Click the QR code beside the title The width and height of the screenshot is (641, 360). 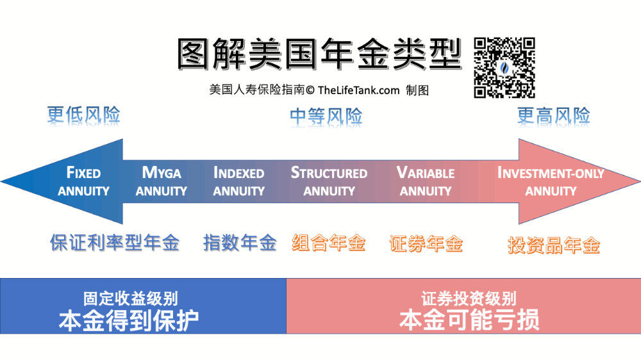(504, 68)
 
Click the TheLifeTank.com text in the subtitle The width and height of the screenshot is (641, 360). (358, 90)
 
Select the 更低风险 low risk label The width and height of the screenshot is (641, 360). (83, 115)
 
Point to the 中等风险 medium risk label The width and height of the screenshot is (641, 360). (326, 117)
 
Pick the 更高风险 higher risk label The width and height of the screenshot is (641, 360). (554, 116)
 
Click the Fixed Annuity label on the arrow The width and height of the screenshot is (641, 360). (83, 181)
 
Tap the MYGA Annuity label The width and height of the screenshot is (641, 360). (161, 181)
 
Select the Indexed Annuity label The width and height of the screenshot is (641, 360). (238, 181)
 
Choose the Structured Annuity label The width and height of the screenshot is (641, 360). (329, 181)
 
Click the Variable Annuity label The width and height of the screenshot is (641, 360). (426, 181)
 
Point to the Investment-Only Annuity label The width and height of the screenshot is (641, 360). (551, 181)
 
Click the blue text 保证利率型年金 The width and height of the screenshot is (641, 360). (115, 243)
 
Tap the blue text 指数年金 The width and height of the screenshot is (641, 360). (240, 243)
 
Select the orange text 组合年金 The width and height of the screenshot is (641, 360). (329, 243)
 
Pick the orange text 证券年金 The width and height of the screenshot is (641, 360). (426, 244)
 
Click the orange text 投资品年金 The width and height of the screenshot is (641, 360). (554, 245)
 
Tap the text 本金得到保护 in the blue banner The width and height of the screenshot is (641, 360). (129, 321)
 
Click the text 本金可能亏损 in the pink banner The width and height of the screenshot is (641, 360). (469, 320)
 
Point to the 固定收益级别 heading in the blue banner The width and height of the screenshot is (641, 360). (130, 299)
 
